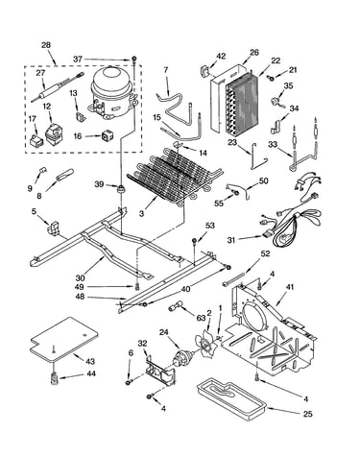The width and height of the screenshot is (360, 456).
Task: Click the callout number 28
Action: [46, 45]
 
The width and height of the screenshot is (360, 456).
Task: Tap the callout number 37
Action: [78, 60]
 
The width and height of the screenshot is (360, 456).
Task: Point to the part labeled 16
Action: [108, 136]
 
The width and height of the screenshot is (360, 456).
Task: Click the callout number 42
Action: [221, 56]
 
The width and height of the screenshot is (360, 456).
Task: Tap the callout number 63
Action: [201, 318]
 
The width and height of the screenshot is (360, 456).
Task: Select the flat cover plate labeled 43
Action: [64, 340]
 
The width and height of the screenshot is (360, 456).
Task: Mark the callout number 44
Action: [91, 373]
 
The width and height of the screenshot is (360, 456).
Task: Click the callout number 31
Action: [232, 239]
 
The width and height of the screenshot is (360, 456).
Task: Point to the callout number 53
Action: [209, 226]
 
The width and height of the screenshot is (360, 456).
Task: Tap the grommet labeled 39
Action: [121, 189]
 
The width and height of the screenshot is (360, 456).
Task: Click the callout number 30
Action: [80, 277]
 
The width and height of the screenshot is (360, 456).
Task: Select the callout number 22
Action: [276, 60]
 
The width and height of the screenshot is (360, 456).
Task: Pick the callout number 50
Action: [263, 180]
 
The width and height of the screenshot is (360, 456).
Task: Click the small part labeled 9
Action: [43, 170]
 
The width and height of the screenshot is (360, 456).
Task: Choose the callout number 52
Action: [265, 253]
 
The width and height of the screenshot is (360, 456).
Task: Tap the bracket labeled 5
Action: [54, 227]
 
